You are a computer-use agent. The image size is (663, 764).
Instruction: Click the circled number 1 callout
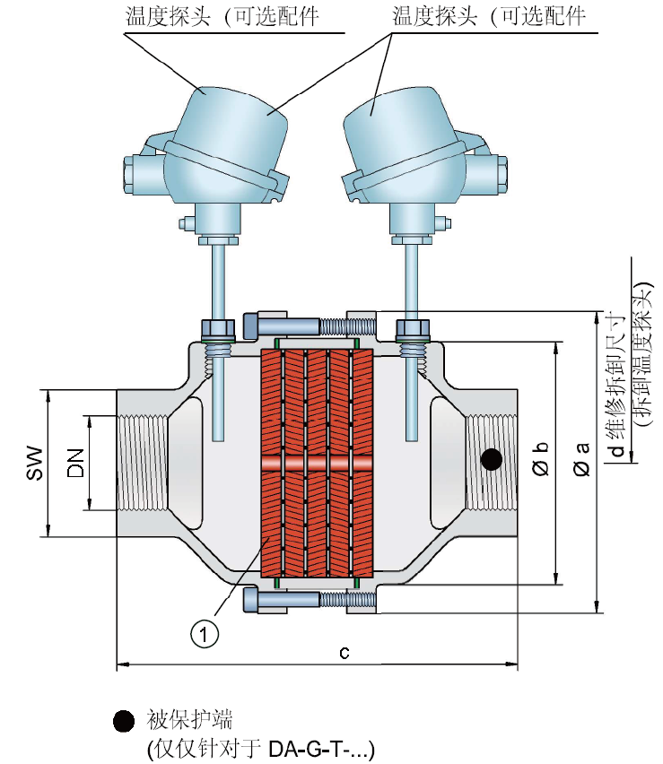tap(204, 634)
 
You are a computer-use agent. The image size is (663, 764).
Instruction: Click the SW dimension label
tap(35, 463)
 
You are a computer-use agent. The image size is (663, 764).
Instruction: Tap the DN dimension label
tap(75, 463)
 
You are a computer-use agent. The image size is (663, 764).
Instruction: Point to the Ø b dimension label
tap(540, 458)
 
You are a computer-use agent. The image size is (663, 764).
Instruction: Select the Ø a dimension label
tap(581, 458)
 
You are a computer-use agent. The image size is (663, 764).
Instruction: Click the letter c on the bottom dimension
tap(345, 652)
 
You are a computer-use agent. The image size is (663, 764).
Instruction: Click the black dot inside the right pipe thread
tap(491, 459)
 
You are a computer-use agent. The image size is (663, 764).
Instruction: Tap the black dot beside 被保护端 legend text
tap(124, 721)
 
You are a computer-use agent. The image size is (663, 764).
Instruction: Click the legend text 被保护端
tap(189, 720)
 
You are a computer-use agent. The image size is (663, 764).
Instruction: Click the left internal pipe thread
tap(143, 463)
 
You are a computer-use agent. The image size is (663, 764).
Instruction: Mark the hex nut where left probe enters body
tap(218, 329)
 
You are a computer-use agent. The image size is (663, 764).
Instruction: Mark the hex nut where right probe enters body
tap(413, 329)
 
